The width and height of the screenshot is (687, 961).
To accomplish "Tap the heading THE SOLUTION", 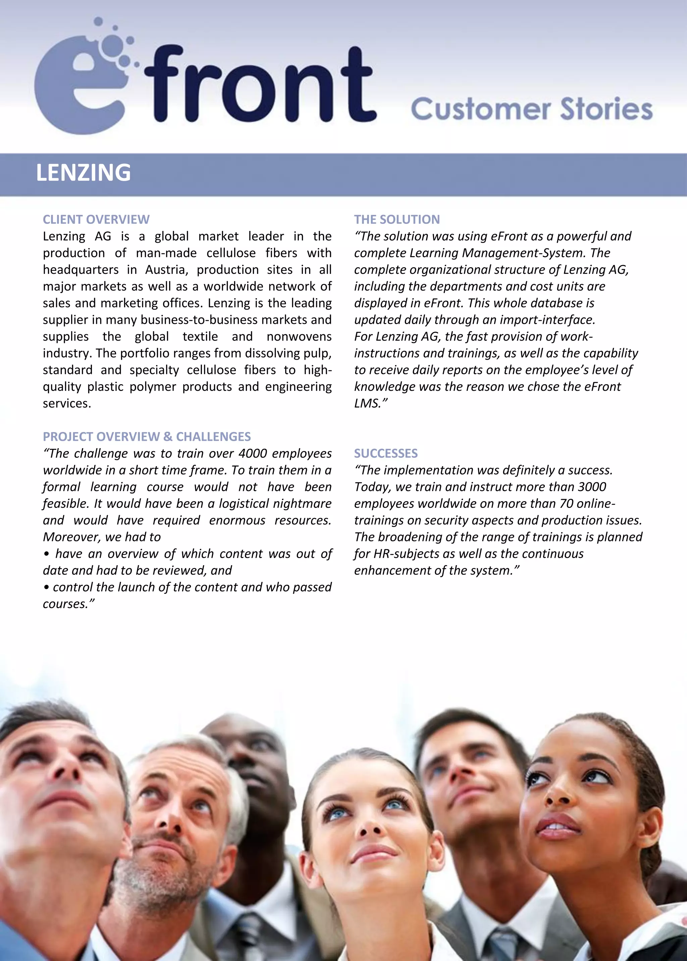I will click(x=397, y=219).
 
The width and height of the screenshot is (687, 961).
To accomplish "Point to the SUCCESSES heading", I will click(x=385, y=454).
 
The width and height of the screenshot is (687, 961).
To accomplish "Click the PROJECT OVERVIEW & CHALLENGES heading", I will click(x=147, y=436).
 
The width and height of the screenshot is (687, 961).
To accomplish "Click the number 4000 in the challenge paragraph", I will click(x=253, y=454).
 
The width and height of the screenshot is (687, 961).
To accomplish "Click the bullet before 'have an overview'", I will click(x=47, y=554).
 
